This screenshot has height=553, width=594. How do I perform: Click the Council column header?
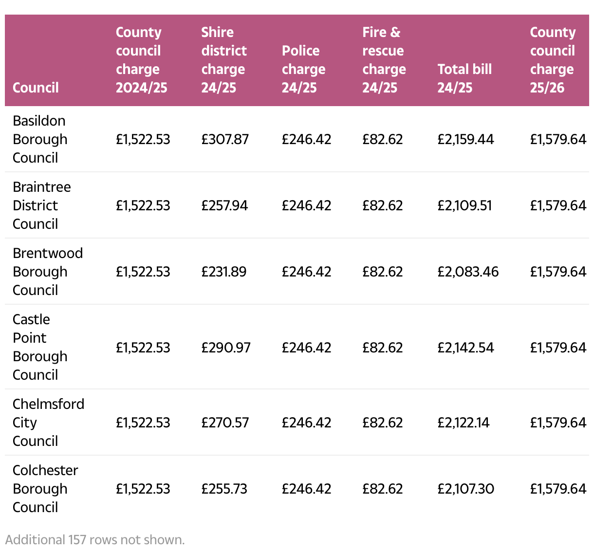coord(36,88)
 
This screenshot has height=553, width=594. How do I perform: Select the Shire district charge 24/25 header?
coord(223,60)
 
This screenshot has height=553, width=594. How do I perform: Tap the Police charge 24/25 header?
coord(303,69)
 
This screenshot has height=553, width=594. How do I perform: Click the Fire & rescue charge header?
coord(384,60)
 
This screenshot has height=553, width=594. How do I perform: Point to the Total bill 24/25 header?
coord(464,78)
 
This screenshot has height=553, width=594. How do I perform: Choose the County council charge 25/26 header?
coord(552,60)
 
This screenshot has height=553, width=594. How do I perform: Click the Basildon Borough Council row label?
coord(40,139)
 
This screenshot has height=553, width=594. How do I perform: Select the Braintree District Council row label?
coord(41,205)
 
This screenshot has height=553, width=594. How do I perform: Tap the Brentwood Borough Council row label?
coord(47,272)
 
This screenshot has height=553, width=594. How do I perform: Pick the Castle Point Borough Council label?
coord(40,347)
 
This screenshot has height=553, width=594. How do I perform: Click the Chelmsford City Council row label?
coord(48,423)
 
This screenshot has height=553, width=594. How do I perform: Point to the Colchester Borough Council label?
coord(45,489)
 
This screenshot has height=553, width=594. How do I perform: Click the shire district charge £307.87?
coord(225,140)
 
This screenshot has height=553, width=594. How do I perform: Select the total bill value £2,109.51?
coord(464,206)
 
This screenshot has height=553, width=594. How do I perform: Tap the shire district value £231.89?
coord(223,272)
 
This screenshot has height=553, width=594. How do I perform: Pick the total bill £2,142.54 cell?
coord(465,348)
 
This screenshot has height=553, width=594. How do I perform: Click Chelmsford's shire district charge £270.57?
coord(225,423)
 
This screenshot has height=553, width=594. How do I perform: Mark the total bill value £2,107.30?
coord(465,489)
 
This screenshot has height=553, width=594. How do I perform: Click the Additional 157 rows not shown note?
coord(95,540)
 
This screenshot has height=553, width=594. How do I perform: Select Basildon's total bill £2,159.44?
coord(465,140)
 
